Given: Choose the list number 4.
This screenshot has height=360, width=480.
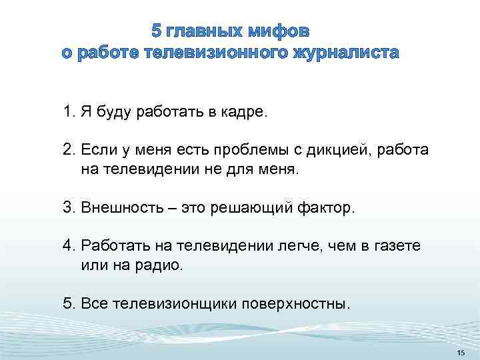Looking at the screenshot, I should (x=68, y=246).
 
